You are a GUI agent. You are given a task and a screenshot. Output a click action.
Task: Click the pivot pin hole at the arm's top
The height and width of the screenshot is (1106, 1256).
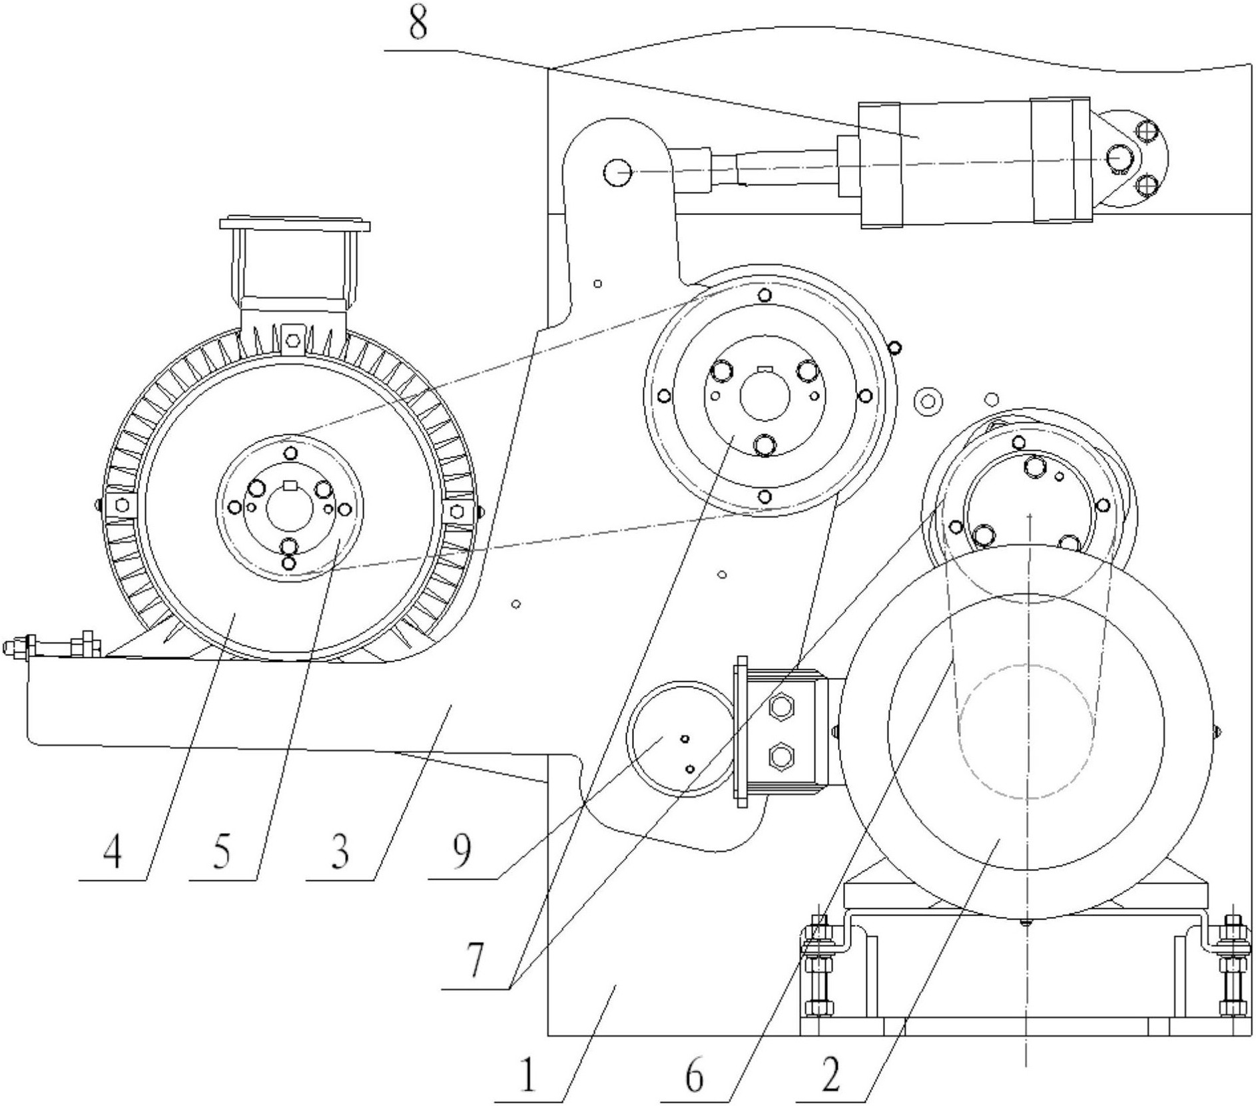(x=617, y=172)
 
